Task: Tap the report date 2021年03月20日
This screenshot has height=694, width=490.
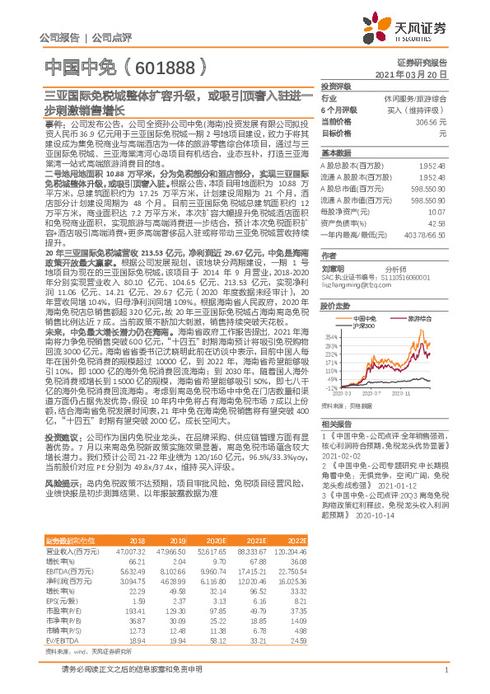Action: point(415,74)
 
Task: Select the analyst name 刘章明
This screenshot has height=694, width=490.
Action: point(334,268)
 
